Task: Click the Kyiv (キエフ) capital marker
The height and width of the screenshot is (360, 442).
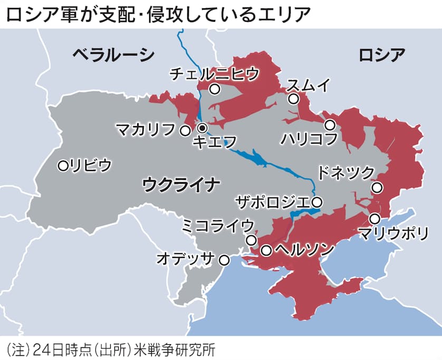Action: pos(202,128)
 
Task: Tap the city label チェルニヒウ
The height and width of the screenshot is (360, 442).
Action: pos(215,74)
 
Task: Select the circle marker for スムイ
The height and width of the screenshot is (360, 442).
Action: pos(293,99)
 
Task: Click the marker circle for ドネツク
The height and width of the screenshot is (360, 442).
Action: pos(377,187)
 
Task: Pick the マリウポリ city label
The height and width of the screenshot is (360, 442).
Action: pos(392,233)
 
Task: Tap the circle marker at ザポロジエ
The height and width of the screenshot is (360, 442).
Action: pos(316,202)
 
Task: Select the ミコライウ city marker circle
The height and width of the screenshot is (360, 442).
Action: pos(251,240)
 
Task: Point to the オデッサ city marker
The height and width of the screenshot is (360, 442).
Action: pos(224,260)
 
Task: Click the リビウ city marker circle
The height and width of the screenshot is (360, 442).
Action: pos(63,166)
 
